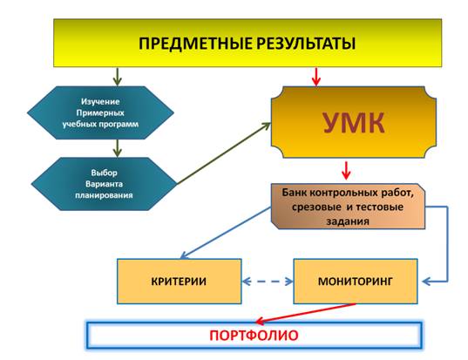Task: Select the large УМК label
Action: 354,122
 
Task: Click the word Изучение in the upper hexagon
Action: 100,101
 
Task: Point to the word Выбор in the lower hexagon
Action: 105,173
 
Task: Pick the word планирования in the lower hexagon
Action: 104,195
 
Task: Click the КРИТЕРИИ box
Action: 179,282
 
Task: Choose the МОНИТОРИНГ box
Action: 356,282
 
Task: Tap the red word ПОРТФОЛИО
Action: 254,336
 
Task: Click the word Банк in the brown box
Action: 295,193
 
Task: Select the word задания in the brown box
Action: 348,221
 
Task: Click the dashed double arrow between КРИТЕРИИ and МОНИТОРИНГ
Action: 268,282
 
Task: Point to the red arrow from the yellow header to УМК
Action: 316,77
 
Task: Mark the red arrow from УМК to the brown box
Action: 346,171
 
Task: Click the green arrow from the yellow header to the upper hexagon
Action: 118,77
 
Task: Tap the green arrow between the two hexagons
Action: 118,148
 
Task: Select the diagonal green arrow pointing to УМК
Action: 224,153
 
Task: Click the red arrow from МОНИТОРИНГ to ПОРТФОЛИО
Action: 306,314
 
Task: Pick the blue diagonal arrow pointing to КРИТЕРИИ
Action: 226,233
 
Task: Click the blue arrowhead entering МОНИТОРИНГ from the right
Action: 426,282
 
